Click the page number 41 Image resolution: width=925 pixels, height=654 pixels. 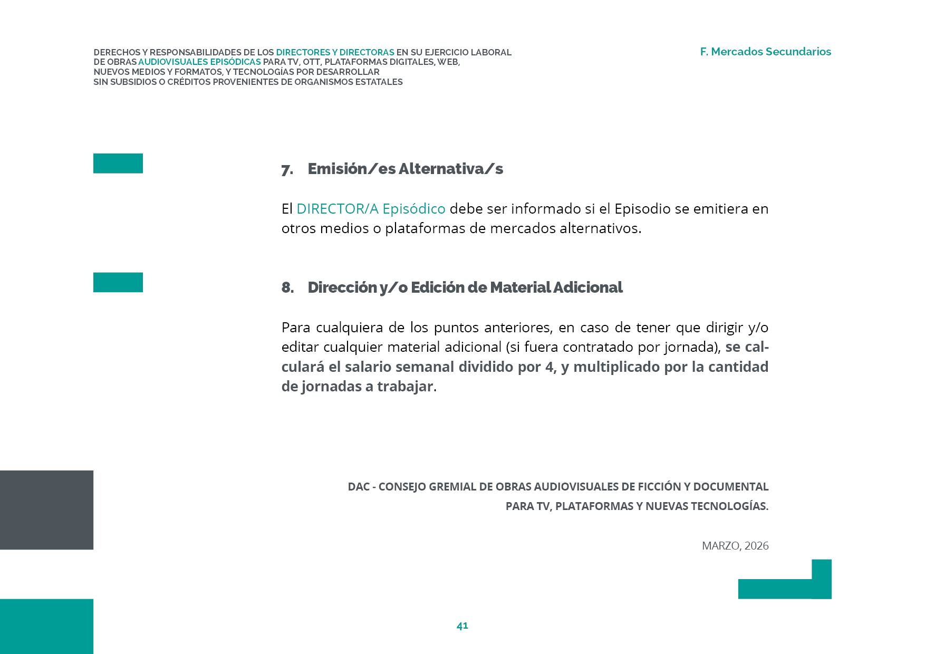coord(462,626)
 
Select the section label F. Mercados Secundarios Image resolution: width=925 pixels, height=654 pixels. coord(765,52)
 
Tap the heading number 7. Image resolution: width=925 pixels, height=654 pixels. coord(287,170)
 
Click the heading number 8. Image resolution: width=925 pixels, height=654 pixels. coord(287,287)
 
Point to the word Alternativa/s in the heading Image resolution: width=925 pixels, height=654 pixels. coord(451,169)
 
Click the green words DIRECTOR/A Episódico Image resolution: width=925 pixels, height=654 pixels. coord(371,209)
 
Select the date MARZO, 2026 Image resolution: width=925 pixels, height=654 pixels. coord(735,546)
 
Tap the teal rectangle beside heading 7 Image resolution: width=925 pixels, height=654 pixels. coord(118,163)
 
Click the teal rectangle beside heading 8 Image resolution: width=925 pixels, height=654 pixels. coord(118,282)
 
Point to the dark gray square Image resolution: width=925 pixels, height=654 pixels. coord(46,510)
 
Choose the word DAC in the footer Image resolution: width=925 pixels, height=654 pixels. coord(359,486)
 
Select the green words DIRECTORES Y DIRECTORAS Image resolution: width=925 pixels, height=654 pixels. coord(335,52)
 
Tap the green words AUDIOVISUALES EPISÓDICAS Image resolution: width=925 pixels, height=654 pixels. coord(199,62)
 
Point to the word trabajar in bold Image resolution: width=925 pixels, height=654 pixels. coord(405,387)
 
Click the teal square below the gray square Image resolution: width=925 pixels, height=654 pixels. coord(46,626)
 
